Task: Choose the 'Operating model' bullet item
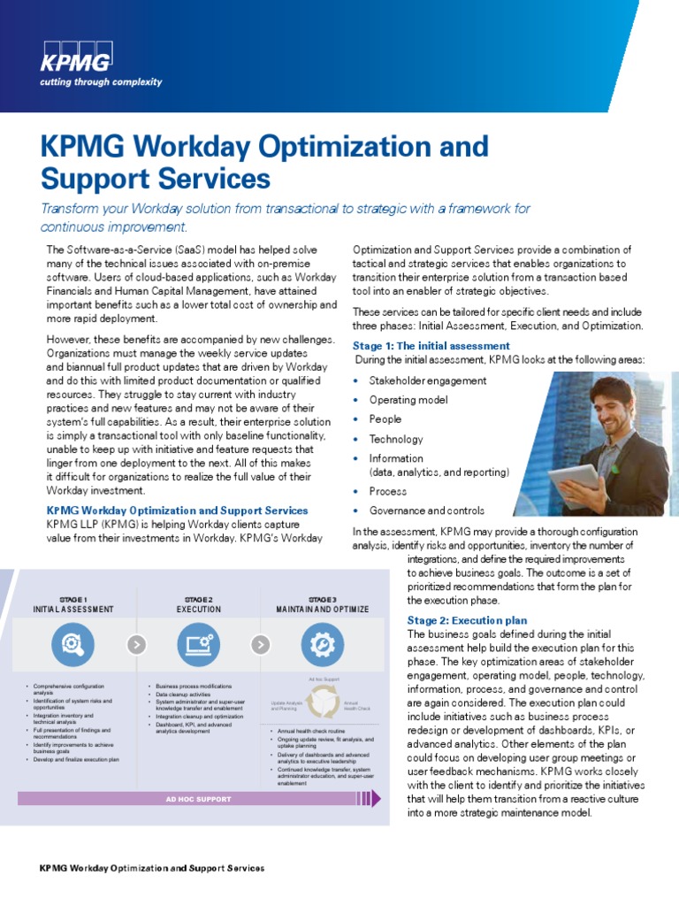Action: (x=409, y=400)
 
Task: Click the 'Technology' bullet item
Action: (x=396, y=439)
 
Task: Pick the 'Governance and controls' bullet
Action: (x=426, y=511)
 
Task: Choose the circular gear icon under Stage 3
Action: (x=323, y=644)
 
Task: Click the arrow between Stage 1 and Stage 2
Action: (x=135, y=644)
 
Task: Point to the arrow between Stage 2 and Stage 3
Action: (x=260, y=644)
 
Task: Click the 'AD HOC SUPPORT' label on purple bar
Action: (x=198, y=799)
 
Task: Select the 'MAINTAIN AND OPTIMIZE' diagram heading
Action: (x=323, y=610)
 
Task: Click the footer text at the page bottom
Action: (x=152, y=868)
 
